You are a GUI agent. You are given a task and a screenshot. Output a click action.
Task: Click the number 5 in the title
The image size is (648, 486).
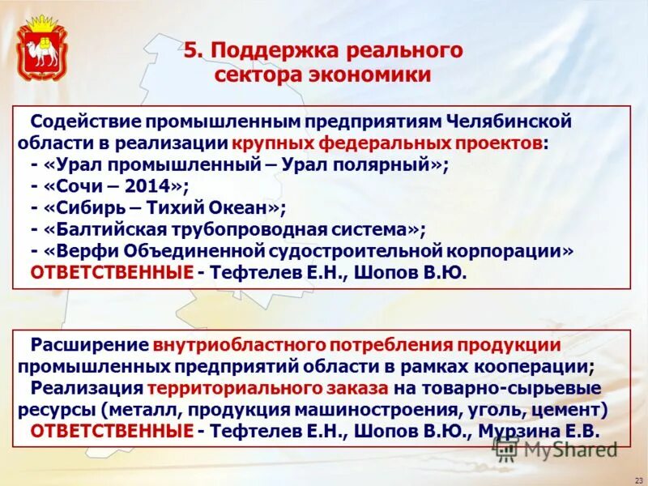point(190,51)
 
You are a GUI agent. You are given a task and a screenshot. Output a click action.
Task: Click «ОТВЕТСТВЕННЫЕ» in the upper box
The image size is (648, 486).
point(112,273)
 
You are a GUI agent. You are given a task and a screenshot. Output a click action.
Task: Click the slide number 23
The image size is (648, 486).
point(637,479)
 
